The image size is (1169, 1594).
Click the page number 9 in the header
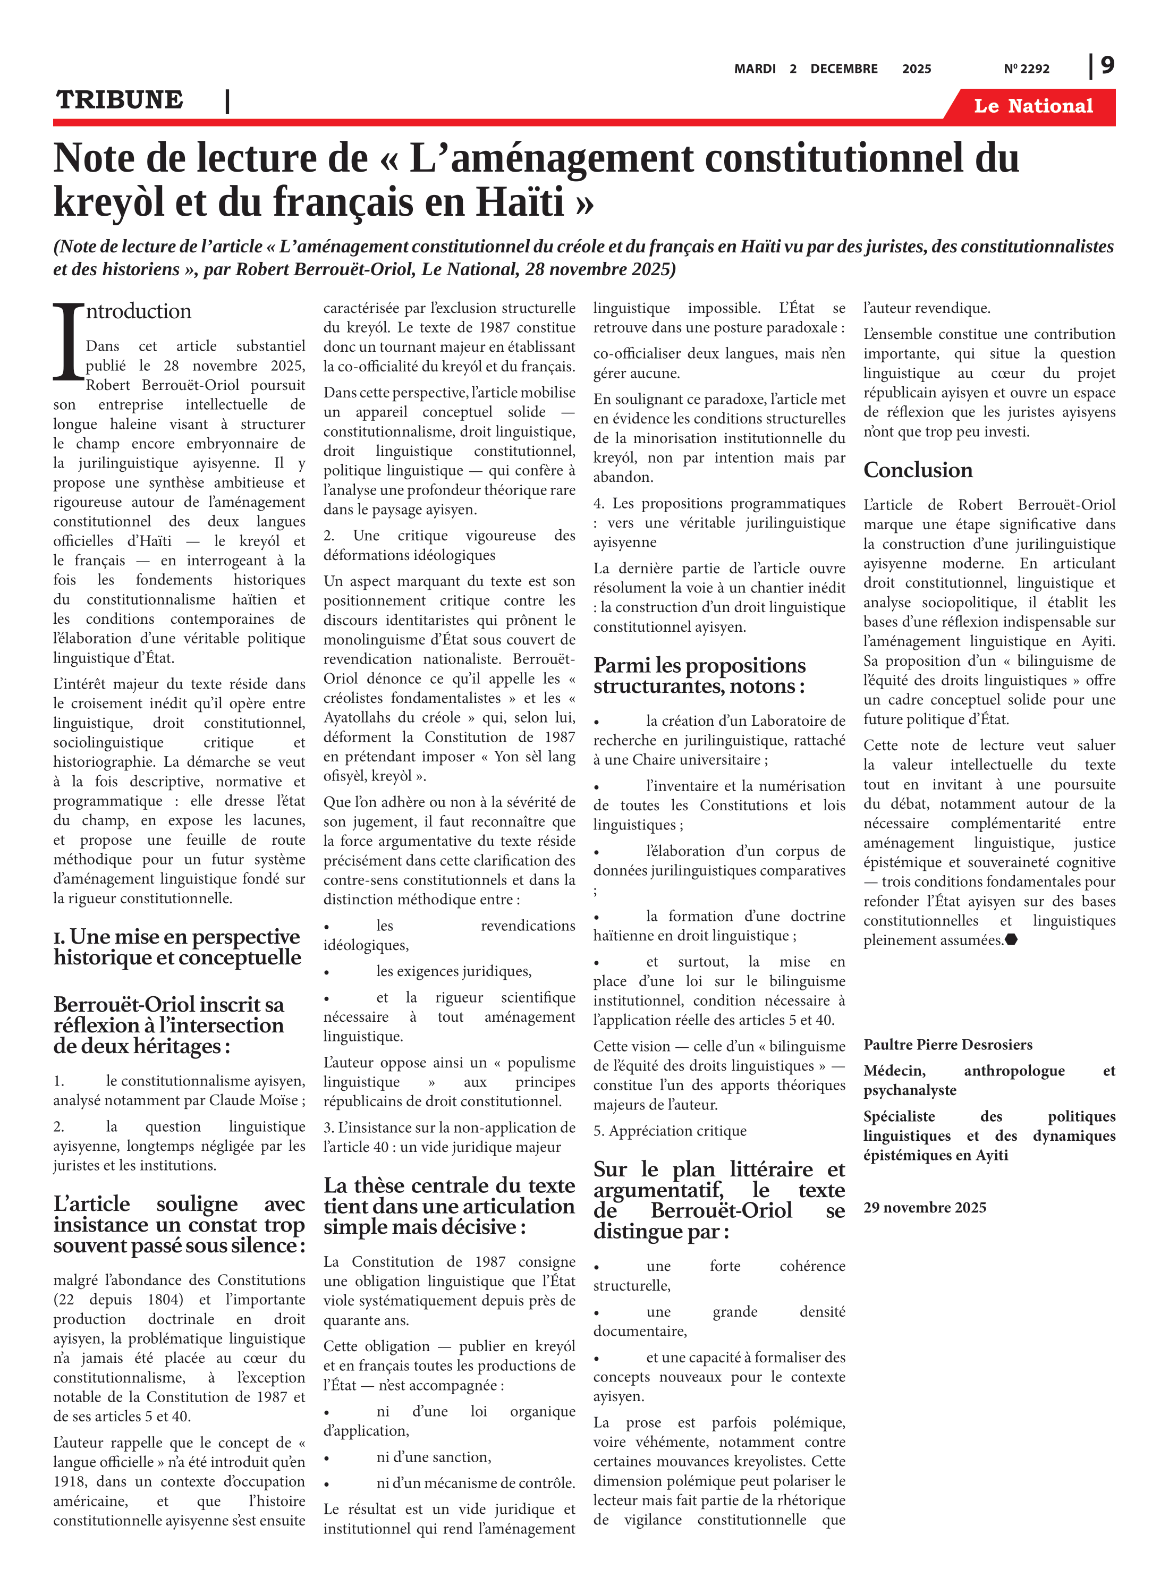[x=1107, y=66]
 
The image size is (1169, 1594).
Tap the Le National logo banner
[x=1032, y=106]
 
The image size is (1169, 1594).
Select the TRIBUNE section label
[x=120, y=100]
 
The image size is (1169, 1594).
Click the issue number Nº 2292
[x=1026, y=69]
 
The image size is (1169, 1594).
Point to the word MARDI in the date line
[x=755, y=69]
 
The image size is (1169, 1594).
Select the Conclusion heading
[x=918, y=470]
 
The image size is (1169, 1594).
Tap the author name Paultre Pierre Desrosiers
[x=947, y=1045]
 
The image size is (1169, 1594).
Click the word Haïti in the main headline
[x=519, y=202]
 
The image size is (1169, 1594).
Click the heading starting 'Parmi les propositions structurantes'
[x=699, y=676]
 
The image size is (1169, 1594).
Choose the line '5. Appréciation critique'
[x=670, y=1131]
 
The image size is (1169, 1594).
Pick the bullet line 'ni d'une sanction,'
[x=433, y=1457]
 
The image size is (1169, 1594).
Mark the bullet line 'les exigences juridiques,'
[x=453, y=971]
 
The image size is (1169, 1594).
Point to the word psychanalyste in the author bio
[x=909, y=1090]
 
